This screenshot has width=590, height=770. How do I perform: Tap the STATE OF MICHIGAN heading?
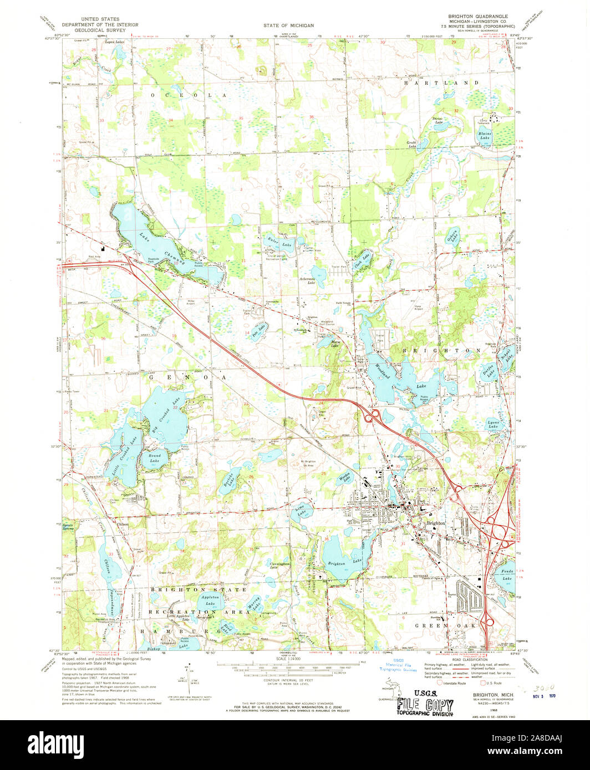click(288, 25)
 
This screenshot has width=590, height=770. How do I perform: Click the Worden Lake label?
click(345, 477)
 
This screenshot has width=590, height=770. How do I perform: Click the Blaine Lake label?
click(485, 135)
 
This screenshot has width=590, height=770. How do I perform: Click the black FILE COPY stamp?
click(425, 705)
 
